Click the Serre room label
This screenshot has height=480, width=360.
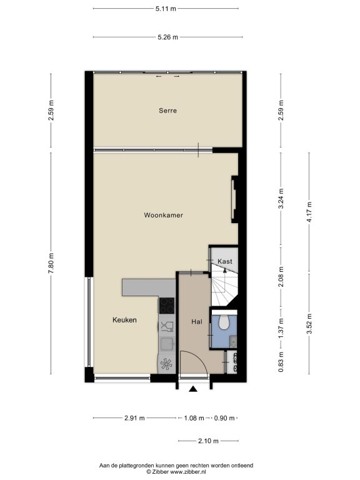click(x=167, y=111)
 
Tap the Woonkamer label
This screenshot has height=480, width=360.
click(x=164, y=215)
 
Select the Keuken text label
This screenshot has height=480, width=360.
click(x=124, y=320)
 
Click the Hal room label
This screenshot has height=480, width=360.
click(x=196, y=322)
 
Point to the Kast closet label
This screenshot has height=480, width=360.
click(x=225, y=261)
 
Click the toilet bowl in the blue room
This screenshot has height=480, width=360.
click(x=224, y=322)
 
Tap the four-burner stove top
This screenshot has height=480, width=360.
click(x=167, y=306)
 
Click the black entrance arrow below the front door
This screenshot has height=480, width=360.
click(x=193, y=389)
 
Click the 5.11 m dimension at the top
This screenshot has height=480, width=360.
click(x=166, y=9)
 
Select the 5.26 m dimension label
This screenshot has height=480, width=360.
click(x=167, y=37)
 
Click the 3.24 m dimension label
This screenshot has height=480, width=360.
click(x=281, y=198)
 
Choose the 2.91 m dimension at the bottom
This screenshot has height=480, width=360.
click(x=135, y=418)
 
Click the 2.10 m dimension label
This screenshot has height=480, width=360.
click(x=209, y=441)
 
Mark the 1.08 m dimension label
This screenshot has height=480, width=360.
click(x=194, y=418)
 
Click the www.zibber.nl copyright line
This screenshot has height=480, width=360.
click(x=176, y=472)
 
